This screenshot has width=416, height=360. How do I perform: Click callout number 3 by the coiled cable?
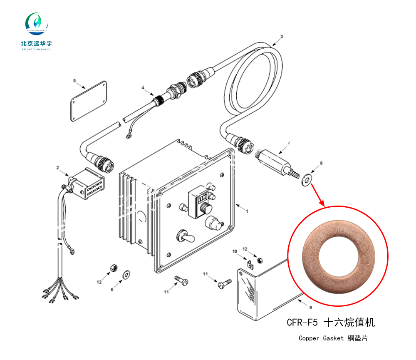coord(282,37)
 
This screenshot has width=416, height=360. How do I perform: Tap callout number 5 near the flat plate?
coord(74,81)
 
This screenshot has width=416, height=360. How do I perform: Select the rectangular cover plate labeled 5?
coord(89,101)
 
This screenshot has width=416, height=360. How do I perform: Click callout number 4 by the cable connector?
coord(143,88)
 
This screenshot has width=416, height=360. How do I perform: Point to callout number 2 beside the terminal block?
coord(57,168)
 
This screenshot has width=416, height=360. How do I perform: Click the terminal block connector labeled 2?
coord(85,183)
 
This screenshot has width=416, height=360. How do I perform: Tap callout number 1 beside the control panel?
coord(247,211)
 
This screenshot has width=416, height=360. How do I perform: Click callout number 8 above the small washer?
coord(321,163)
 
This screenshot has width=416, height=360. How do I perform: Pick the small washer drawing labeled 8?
coord(307,180)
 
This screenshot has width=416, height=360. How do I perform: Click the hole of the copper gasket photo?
coord(339,257)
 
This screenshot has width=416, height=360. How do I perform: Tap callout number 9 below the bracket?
coord(310,308)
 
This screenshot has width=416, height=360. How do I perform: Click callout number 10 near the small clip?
coord(235,251)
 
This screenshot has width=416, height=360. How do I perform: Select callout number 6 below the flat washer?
coord(112,290)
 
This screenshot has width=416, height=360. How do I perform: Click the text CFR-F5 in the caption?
coord(302,322)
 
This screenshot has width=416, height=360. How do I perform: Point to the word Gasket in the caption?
coord(333,338)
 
